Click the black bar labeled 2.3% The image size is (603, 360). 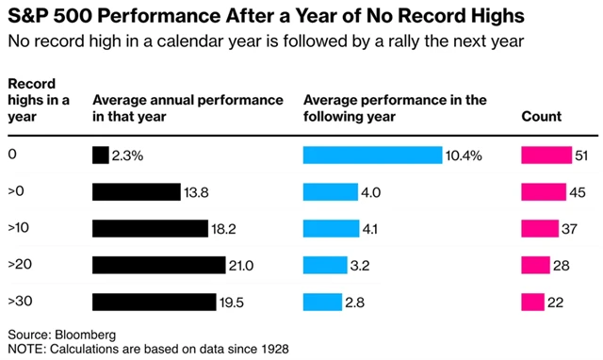tap(100, 155)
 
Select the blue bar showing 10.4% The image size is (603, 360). tap(372, 155)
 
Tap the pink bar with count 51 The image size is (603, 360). tap(546, 155)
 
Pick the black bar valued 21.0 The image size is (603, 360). tap(158, 265)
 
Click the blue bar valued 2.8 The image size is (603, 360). tap(322, 302)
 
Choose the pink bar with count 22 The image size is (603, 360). tap(532, 302)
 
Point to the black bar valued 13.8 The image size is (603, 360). tap(136, 192)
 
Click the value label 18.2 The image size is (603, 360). tap(225, 229)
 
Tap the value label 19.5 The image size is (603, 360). tap(233, 302)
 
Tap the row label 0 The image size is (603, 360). tap(11, 155)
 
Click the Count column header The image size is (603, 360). tap(541, 117)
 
